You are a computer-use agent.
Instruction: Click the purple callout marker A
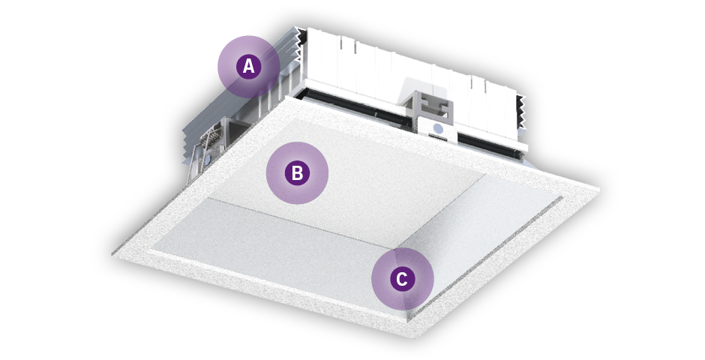tap(249, 67)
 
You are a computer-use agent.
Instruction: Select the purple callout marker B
tap(297, 173)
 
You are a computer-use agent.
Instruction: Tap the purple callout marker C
tap(403, 279)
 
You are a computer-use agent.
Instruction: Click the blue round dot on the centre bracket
tap(438, 130)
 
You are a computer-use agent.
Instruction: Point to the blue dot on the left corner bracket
tap(207, 159)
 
